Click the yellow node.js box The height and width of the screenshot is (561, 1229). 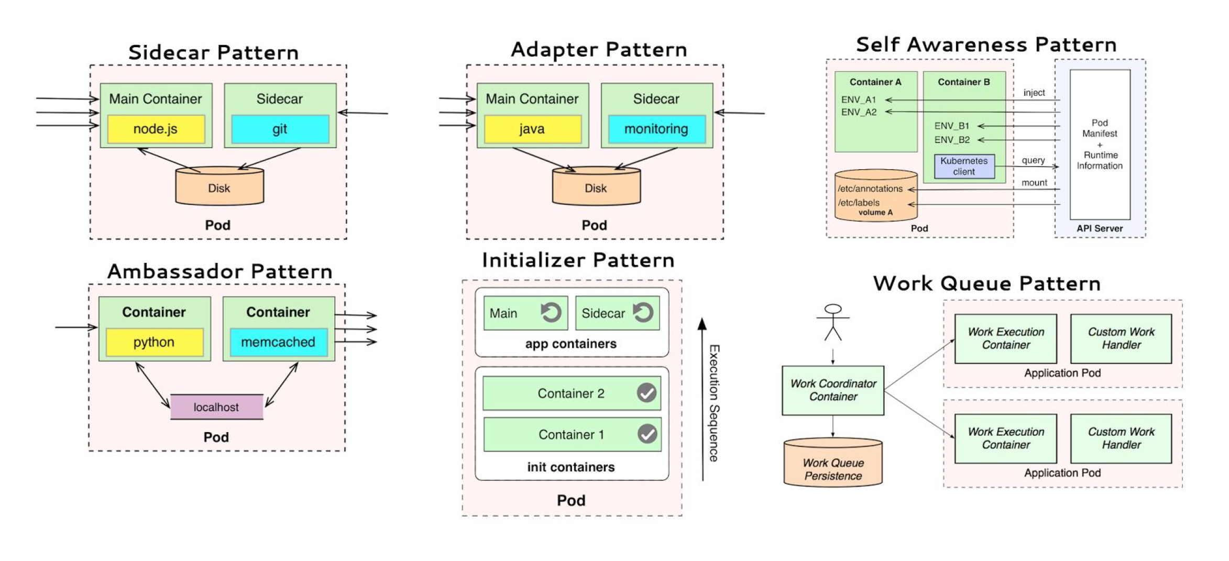(156, 129)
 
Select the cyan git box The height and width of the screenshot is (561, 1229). (280, 129)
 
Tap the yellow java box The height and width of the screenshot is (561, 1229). (532, 129)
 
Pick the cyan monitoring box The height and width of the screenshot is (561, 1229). (656, 129)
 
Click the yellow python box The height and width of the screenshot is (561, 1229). (154, 342)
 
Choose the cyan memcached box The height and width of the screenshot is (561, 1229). (278, 342)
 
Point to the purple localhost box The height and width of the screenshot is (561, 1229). (216, 407)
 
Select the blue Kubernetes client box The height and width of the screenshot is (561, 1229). (964, 166)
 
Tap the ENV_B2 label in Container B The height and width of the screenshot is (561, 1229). (952, 140)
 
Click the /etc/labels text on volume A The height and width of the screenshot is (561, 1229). (859, 203)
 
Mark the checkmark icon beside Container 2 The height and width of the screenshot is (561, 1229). (646, 392)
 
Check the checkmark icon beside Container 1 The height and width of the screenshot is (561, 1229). (648, 434)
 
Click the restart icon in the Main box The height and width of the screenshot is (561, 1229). (551, 313)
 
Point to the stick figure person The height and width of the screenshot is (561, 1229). (833, 322)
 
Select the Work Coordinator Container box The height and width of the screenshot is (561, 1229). (833, 390)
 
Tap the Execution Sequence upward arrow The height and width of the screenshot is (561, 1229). (703, 398)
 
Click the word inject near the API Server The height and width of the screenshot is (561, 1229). (1034, 93)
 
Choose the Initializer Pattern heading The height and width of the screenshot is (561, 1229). (578, 260)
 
